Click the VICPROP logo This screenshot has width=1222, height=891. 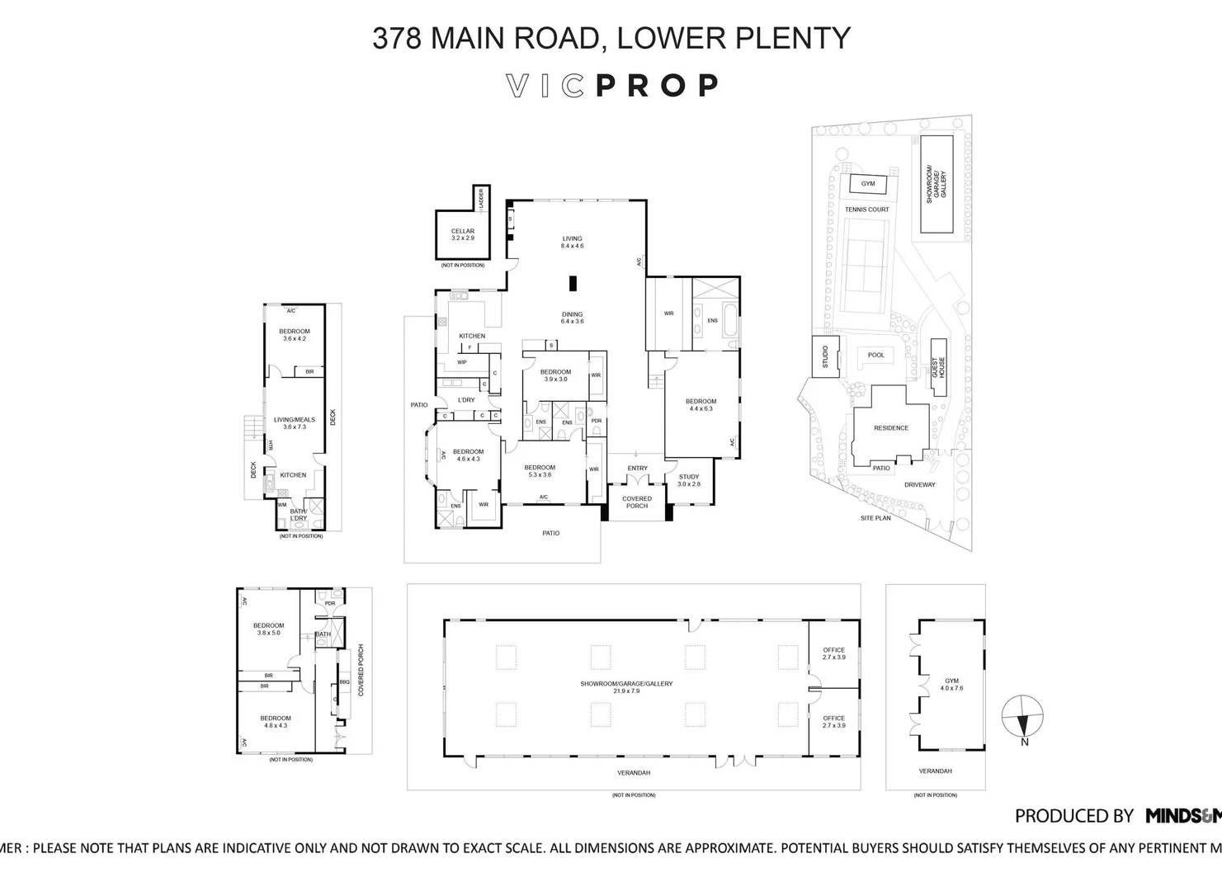click(x=611, y=85)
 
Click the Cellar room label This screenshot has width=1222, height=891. click(x=463, y=234)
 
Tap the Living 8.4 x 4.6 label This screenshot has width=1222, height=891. click(x=572, y=242)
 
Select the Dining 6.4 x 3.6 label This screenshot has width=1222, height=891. click(x=572, y=318)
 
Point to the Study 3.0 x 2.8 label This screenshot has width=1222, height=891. click(x=689, y=480)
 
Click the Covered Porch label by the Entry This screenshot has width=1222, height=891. click(x=636, y=502)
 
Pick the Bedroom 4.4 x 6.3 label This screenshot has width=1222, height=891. click(x=701, y=405)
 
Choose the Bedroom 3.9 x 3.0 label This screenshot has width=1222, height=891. click(x=555, y=375)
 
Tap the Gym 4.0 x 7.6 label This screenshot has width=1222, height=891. click(x=951, y=684)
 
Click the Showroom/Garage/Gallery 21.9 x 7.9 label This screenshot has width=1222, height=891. click(x=626, y=686)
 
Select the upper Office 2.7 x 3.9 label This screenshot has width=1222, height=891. click(x=833, y=653)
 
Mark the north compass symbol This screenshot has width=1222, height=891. click(x=1022, y=718)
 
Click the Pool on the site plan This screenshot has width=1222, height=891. click(x=875, y=356)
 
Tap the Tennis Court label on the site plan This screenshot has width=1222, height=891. click(x=866, y=210)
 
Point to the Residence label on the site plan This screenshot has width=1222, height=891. click(x=890, y=428)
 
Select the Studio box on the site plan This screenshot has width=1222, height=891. click(x=825, y=356)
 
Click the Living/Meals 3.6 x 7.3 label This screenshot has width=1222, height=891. click(x=295, y=423)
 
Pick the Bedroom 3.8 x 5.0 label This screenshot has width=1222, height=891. click(x=269, y=629)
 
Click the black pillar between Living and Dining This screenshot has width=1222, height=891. click(x=571, y=284)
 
